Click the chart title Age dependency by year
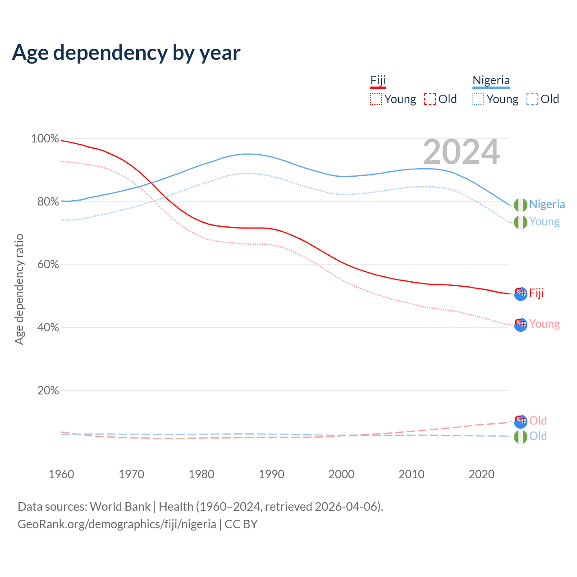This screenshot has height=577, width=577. click(x=126, y=53)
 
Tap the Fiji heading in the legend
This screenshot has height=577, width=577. click(x=378, y=81)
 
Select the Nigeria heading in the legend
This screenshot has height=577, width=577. click(x=491, y=81)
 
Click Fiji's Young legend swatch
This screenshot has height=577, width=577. click(x=376, y=99)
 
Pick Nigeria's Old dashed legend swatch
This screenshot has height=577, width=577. click(x=532, y=99)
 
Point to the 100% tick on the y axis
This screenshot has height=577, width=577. click(x=45, y=139)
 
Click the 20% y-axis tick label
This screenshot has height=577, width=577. click(x=48, y=391)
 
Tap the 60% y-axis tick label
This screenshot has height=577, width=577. click(x=48, y=265)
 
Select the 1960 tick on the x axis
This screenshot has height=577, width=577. click(x=61, y=474)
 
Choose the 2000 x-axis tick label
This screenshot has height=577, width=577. click(x=341, y=474)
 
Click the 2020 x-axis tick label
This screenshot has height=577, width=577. click(x=481, y=474)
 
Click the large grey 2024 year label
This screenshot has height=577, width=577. click(x=461, y=152)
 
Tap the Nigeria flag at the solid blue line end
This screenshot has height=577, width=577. click(x=521, y=205)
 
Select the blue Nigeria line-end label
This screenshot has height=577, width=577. click(x=547, y=205)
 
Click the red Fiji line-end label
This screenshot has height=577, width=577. click(x=536, y=293)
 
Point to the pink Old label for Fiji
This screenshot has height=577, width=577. click(x=538, y=421)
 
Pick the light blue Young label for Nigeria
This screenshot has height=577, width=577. click(x=544, y=222)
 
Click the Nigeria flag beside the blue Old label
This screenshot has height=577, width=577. click(x=521, y=436)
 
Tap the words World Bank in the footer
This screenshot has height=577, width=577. click(x=120, y=507)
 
